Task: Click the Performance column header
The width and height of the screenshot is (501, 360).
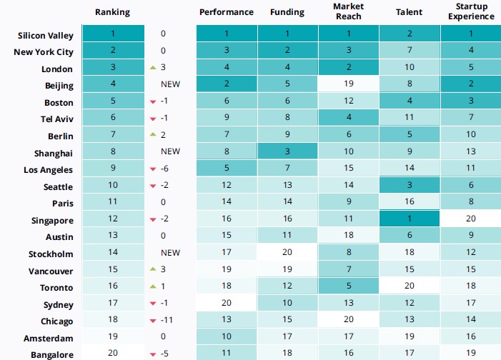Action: pyautogui.click(x=226, y=12)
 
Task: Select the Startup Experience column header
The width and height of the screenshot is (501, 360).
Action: pyautogui.click(x=470, y=12)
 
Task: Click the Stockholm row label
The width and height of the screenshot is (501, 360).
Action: pyautogui.click(x=51, y=254)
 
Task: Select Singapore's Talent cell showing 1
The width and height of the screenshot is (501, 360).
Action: pyautogui.click(x=409, y=220)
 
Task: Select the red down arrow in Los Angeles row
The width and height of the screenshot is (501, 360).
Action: pyautogui.click(x=152, y=170)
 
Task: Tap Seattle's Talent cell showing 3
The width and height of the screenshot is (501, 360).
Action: pyautogui.click(x=409, y=186)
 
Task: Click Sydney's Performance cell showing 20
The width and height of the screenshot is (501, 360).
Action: pyautogui.click(x=226, y=304)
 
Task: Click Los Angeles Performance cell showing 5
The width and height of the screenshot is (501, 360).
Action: pyautogui.click(x=226, y=169)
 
